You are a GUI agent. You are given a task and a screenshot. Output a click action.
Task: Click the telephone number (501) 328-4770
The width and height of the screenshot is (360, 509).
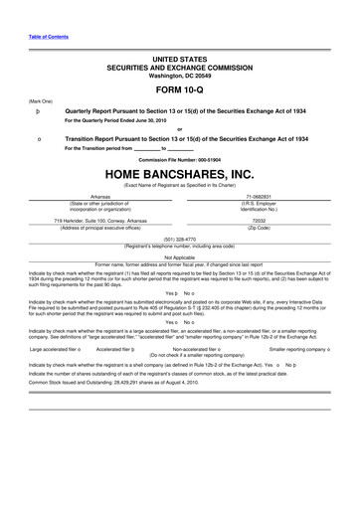pos(180,238)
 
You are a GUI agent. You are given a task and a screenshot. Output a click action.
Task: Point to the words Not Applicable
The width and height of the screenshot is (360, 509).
pos(180,255)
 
